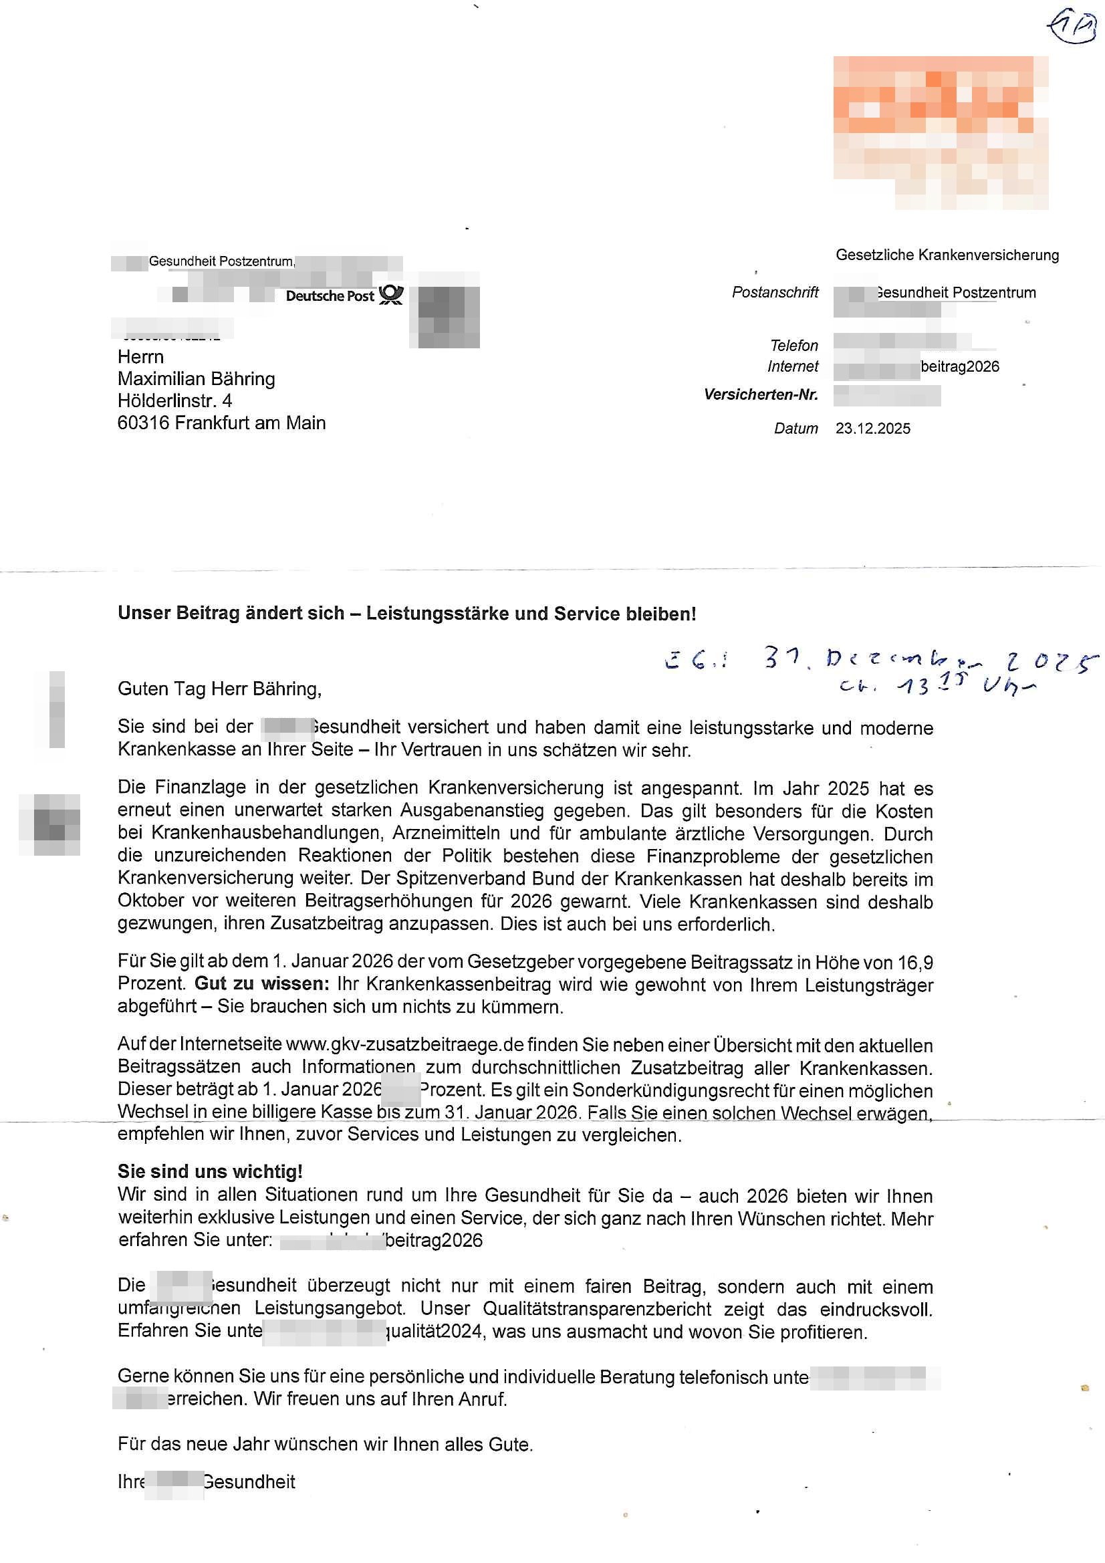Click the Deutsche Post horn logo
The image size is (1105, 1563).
[391, 295]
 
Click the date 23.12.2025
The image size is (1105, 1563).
[872, 429]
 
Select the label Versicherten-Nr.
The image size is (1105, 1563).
[761, 395]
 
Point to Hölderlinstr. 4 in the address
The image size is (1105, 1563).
[174, 400]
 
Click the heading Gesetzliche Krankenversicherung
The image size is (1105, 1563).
[947, 255]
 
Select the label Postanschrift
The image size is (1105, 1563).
[775, 292]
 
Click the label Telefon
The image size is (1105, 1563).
[794, 345]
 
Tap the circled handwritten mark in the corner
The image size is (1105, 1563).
[1071, 27]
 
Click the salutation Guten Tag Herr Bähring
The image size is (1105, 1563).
[219, 689]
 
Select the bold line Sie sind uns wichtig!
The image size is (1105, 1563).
[210, 1171]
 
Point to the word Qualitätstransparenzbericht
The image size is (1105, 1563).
[596, 1308]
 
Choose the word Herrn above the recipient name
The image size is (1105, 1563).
[140, 357]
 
